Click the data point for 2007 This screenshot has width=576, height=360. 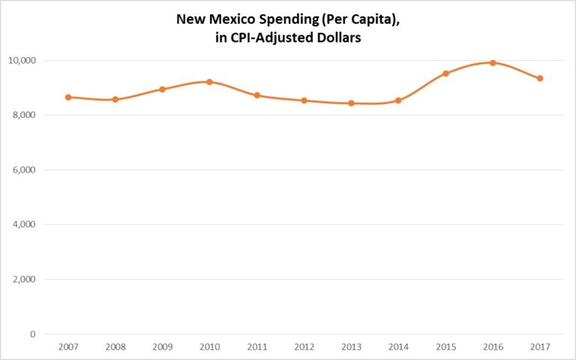click(x=68, y=97)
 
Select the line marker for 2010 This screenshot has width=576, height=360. click(x=210, y=82)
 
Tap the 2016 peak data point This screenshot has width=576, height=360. click(x=493, y=62)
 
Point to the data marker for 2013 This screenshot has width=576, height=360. click(x=351, y=103)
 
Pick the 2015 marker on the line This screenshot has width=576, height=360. click(x=445, y=73)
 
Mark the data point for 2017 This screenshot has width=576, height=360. click(x=540, y=78)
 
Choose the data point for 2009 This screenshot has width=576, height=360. click(x=163, y=88)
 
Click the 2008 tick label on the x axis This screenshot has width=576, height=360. click(x=115, y=346)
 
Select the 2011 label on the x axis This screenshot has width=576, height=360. click(x=257, y=346)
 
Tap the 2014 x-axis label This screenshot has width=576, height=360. click(x=398, y=346)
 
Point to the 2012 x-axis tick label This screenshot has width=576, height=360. click(x=304, y=346)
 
